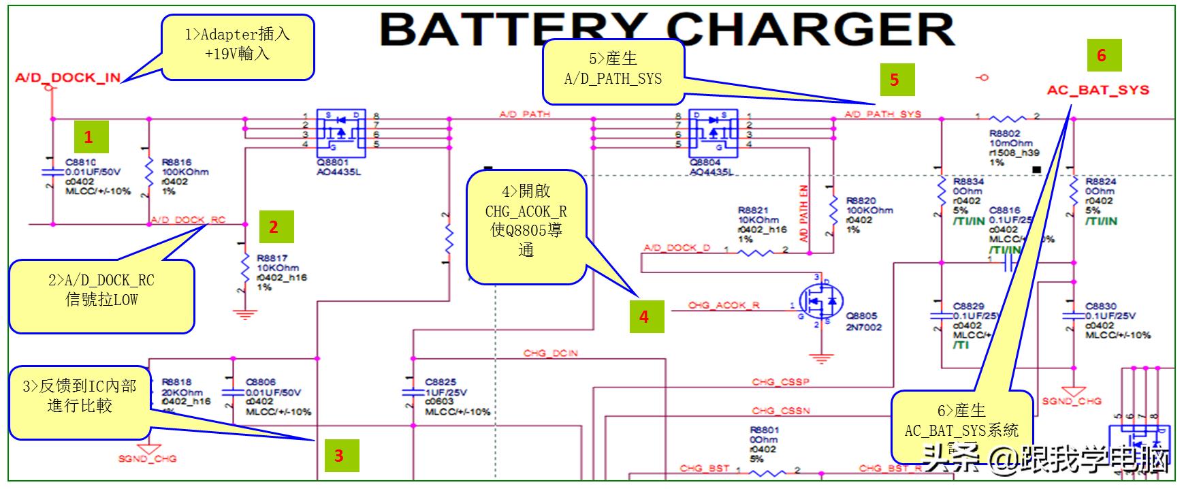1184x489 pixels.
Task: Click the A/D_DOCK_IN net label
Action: (x=67, y=78)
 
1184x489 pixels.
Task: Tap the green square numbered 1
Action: (x=88, y=137)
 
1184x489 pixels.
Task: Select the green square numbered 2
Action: (x=274, y=227)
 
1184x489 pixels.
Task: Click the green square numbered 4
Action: (x=644, y=316)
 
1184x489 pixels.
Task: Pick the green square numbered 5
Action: (x=895, y=80)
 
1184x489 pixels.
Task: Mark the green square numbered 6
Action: (x=1102, y=55)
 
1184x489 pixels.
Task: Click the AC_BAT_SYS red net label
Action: (x=1098, y=91)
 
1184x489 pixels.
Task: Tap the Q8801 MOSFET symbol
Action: (x=340, y=131)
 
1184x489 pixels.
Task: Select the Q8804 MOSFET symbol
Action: (x=713, y=131)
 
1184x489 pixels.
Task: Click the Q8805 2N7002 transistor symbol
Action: (x=820, y=304)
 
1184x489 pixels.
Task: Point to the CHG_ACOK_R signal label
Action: (x=723, y=306)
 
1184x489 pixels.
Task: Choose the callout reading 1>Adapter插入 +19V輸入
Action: (x=238, y=44)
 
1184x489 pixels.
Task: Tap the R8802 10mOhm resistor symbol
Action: (x=1008, y=119)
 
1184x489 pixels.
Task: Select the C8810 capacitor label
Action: (x=80, y=163)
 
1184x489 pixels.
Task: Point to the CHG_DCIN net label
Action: (x=550, y=353)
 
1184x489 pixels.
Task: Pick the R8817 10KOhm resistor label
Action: (x=272, y=259)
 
